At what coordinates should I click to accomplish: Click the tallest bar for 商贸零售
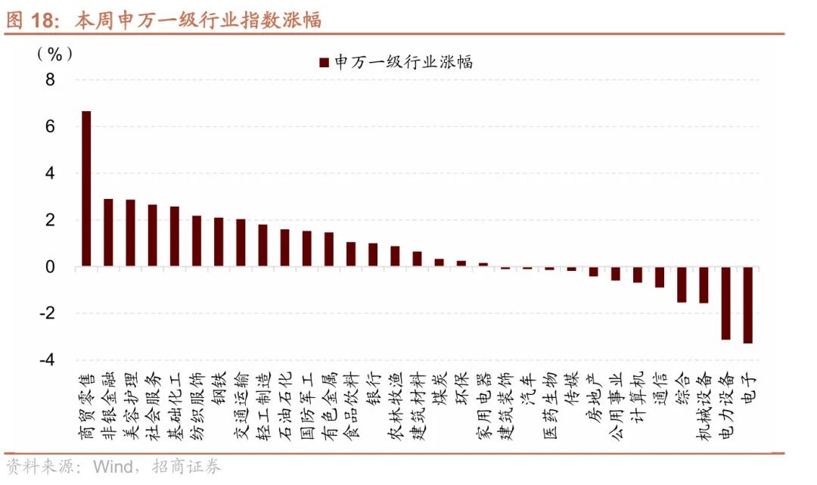click(x=86, y=188)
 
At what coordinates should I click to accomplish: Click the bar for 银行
click(x=373, y=254)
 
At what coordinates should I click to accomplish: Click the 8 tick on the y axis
click(x=50, y=80)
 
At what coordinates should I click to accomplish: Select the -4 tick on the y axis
click(x=47, y=361)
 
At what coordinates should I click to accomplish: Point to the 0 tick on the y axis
click(x=50, y=267)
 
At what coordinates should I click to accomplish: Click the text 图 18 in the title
click(x=33, y=20)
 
